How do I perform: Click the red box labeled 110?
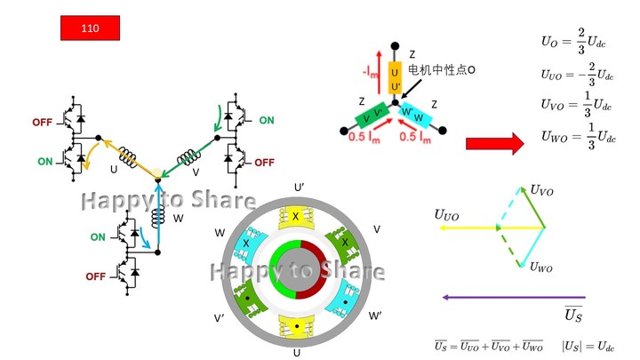click(x=89, y=28)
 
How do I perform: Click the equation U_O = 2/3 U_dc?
click(x=577, y=40)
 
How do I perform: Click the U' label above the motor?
click(x=299, y=188)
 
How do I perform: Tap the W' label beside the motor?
click(x=375, y=316)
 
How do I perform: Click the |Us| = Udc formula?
click(x=588, y=345)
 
